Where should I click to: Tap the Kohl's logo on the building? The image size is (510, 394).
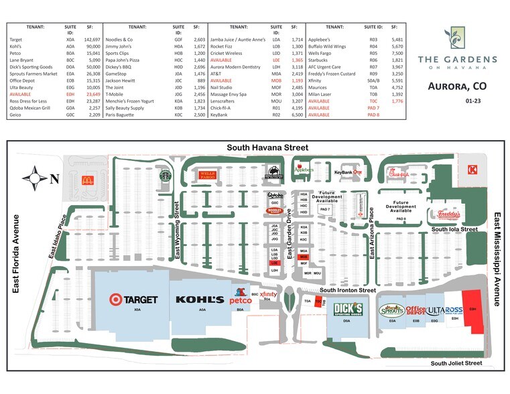[200, 299]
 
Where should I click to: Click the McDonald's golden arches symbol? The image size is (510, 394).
[86, 180]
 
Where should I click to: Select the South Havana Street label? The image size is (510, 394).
[267, 147]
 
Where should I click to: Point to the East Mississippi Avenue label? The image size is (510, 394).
[497, 259]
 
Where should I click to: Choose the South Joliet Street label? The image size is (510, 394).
[456, 363]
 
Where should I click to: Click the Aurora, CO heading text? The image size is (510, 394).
[456, 87]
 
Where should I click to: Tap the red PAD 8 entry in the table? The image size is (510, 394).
[373, 115]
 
